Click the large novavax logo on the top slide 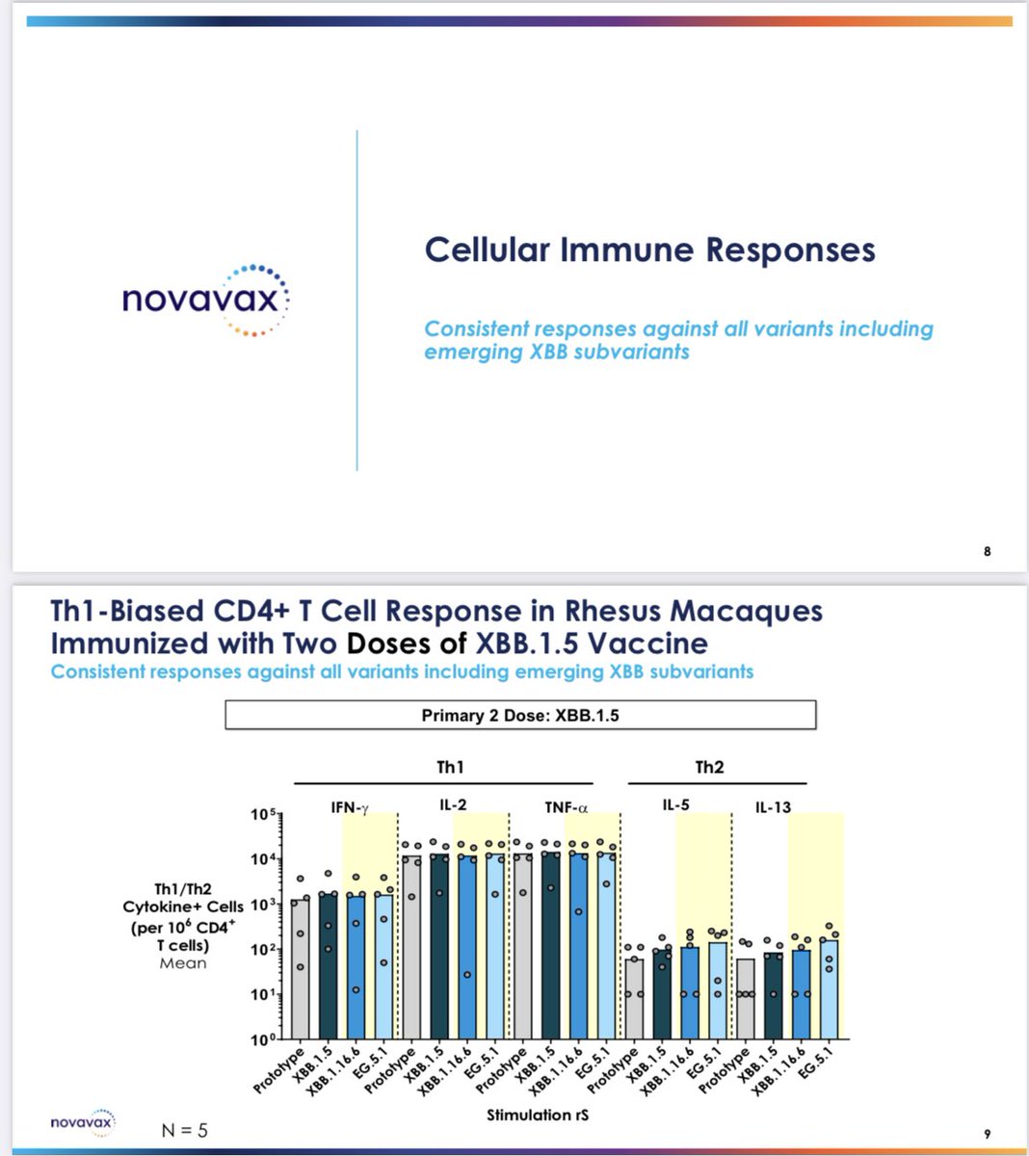pyautogui.click(x=205, y=300)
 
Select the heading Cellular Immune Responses pyautogui.click(x=649, y=250)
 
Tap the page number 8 pyautogui.click(x=987, y=551)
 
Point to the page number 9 pyautogui.click(x=987, y=1134)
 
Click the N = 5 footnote pyautogui.click(x=184, y=1129)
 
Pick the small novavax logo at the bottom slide pyautogui.click(x=82, y=1122)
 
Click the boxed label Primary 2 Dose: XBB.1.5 pyautogui.click(x=520, y=715)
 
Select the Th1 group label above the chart pyautogui.click(x=450, y=767)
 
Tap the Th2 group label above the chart pyautogui.click(x=709, y=767)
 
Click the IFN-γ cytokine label pyautogui.click(x=350, y=807)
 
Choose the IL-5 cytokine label pyautogui.click(x=676, y=805)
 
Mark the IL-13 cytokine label pyautogui.click(x=773, y=807)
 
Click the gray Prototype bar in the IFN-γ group pyautogui.click(x=300, y=968)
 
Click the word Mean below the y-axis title pyautogui.click(x=183, y=962)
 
